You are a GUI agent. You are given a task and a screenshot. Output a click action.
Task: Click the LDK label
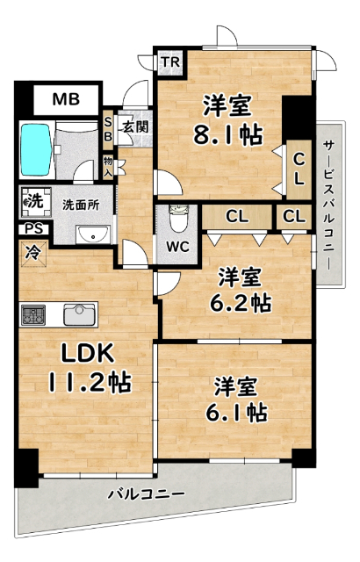pos(85,355)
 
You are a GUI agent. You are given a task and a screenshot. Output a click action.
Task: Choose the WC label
pos(178,245)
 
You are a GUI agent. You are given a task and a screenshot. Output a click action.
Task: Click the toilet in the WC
pos(178,215)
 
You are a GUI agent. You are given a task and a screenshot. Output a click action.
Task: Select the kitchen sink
pos(77,313)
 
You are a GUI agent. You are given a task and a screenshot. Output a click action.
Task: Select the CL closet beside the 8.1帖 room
pos(299,169)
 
